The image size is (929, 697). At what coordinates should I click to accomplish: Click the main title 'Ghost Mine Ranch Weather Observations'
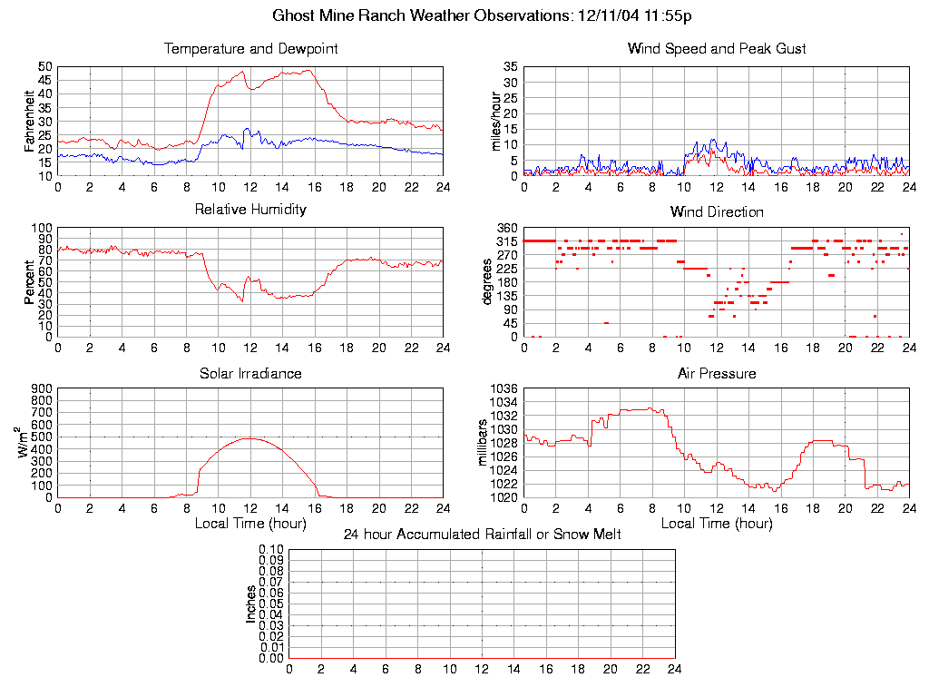coord(422,15)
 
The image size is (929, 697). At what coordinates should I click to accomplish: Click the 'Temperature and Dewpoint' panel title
coord(250,48)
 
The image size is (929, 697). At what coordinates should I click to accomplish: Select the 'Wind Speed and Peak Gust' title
coord(717,48)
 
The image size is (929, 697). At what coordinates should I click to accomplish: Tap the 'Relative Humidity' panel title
coord(250,210)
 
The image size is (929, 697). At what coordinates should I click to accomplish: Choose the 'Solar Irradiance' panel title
coord(250,373)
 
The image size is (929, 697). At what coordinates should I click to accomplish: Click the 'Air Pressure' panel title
coord(717,373)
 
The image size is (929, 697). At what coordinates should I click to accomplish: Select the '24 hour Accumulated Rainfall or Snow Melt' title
coord(482,535)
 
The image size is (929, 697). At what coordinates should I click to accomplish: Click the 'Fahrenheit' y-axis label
coord(29,121)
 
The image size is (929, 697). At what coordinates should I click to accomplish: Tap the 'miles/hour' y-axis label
coord(495,121)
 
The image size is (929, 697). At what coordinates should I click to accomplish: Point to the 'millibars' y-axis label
coord(483,443)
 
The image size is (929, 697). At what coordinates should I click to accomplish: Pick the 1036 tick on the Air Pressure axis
coord(505,388)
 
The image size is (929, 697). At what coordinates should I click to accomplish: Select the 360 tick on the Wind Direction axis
coord(508,228)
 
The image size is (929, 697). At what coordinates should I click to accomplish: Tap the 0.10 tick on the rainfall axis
coord(271,550)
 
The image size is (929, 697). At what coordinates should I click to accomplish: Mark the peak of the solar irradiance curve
coord(249,438)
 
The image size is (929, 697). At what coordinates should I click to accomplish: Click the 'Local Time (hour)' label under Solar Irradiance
coord(250,523)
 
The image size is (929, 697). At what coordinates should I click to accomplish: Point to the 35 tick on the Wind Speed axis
coord(511,67)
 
